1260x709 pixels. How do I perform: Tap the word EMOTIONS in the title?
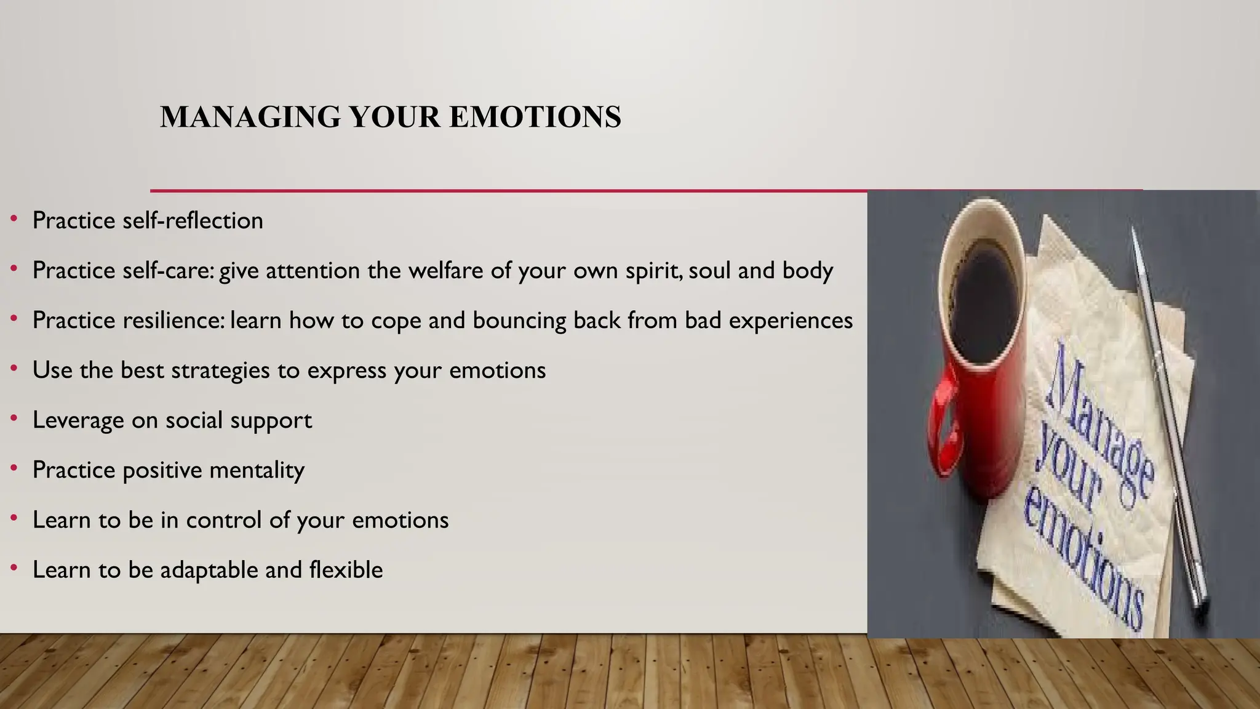(535, 117)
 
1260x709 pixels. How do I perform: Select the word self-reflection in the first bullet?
(193, 220)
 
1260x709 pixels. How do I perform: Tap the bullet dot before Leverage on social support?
(14, 419)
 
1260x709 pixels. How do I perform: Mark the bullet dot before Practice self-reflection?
(14, 219)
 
